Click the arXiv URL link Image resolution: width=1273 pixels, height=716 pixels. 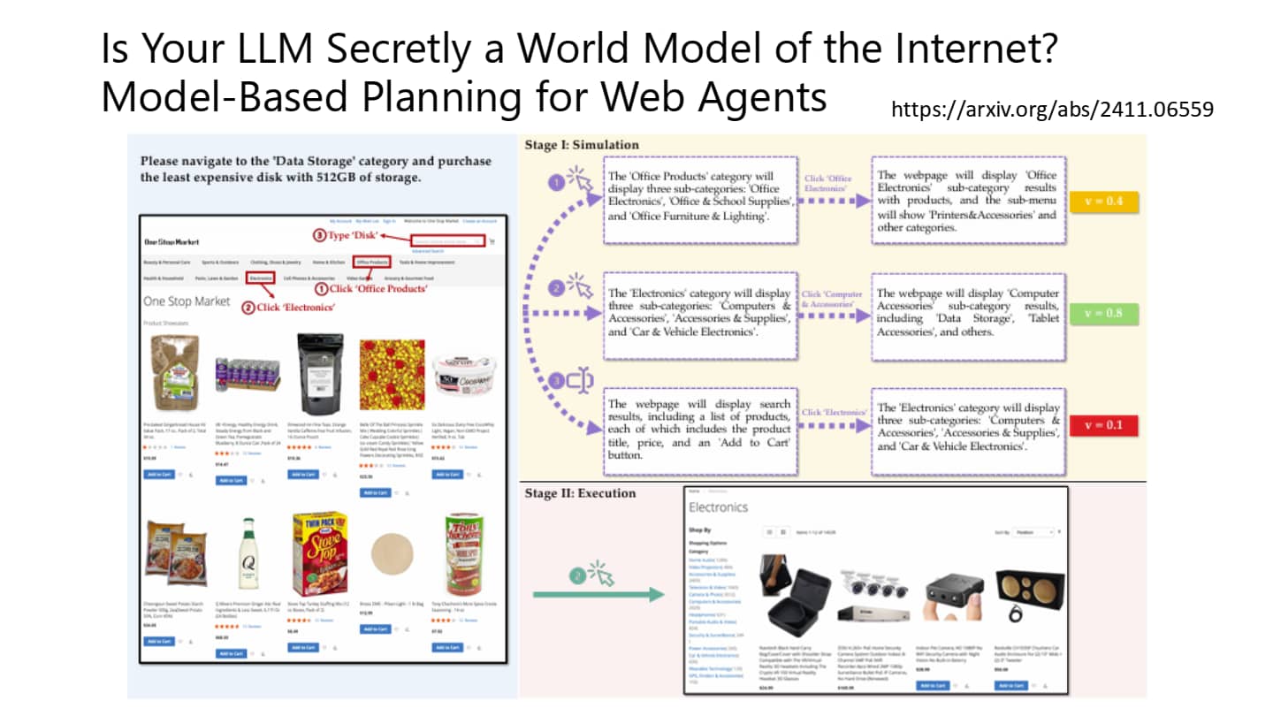click(x=1052, y=110)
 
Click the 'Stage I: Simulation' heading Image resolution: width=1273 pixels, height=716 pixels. click(x=582, y=145)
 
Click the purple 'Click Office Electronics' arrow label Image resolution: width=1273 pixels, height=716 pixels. click(x=828, y=183)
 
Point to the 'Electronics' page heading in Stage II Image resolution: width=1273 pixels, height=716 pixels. click(x=718, y=507)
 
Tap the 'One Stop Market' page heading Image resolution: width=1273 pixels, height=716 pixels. click(x=187, y=301)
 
